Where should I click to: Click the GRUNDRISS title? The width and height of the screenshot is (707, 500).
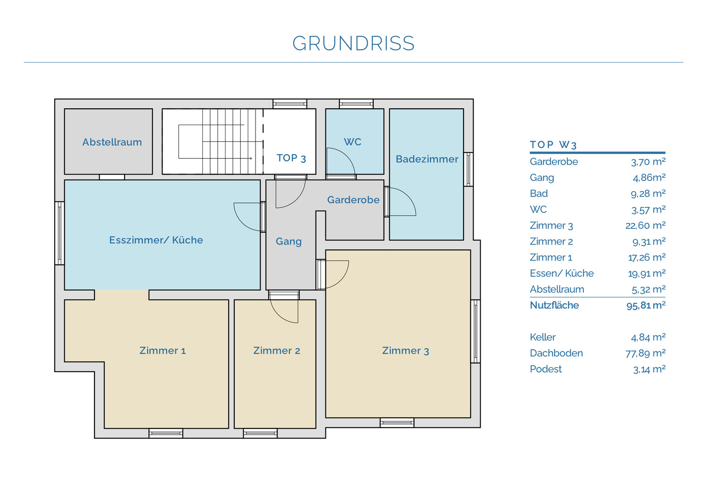(x=353, y=43)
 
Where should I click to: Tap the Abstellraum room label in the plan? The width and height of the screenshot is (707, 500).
(x=112, y=142)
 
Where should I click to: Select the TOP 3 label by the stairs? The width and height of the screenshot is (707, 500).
(x=291, y=158)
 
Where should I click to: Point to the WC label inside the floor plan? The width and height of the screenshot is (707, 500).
(x=352, y=142)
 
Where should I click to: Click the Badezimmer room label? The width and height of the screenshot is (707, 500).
(x=427, y=159)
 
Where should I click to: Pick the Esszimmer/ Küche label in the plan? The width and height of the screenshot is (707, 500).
(x=156, y=240)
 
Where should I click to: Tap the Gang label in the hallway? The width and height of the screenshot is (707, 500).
(x=288, y=242)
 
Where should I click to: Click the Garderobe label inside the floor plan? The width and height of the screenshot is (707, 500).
(x=353, y=200)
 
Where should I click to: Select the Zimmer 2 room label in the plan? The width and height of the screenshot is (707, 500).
(x=276, y=350)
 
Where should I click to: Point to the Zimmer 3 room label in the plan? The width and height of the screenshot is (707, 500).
(x=406, y=350)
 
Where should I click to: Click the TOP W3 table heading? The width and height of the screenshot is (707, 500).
(x=553, y=144)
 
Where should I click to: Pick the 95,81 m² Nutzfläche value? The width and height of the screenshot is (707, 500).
(x=646, y=305)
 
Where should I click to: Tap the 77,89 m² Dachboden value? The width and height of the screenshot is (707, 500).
(x=645, y=353)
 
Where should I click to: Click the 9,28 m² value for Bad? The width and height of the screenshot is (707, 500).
(x=648, y=193)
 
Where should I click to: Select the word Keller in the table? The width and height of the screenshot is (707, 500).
(x=543, y=337)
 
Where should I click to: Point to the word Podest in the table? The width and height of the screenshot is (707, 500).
(x=546, y=369)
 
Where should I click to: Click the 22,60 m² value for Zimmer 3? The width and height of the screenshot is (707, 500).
(x=645, y=225)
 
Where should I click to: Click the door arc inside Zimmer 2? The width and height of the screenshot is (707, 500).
(x=278, y=316)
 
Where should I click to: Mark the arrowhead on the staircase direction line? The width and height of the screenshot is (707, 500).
(x=251, y=158)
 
